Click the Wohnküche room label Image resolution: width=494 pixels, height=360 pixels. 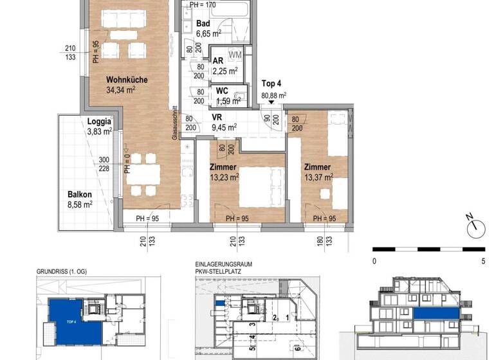pyautogui.click(x=127, y=80)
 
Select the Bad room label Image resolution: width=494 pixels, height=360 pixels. pyautogui.click(x=203, y=22)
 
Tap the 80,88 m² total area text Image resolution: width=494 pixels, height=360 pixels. pyautogui.click(x=273, y=95)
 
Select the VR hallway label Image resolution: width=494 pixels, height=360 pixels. pyautogui.click(x=217, y=118)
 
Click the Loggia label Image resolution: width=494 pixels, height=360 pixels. pyautogui.click(x=100, y=121)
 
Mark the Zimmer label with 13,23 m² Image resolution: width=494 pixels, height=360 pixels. pyautogui.click(x=224, y=166)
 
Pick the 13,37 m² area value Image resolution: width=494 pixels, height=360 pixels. pyautogui.click(x=318, y=177)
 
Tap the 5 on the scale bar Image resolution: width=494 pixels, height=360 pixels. pyautogui.click(x=482, y=262)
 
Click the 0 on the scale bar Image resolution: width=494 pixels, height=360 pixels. pyautogui.click(x=374, y=262)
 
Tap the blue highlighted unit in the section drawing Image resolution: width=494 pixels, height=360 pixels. pyautogui.click(x=436, y=313)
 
